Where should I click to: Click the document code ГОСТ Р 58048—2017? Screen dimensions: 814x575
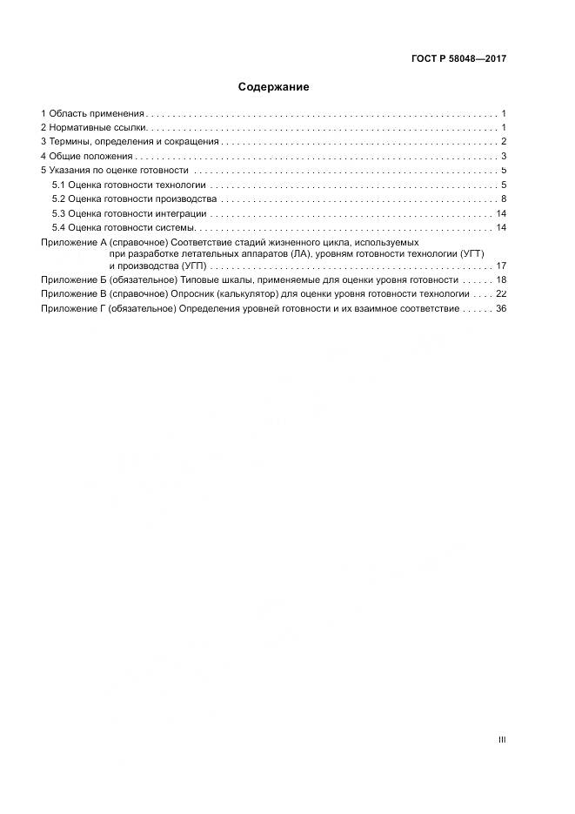click(x=458, y=59)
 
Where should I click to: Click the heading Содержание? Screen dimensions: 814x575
click(x=273, y=87)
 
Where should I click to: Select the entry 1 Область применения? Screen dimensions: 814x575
click(x=92, y=114)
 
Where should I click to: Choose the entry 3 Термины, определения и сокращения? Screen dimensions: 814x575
click(x=130, y=142)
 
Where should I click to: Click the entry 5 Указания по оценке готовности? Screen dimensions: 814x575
click(x=114, y=171)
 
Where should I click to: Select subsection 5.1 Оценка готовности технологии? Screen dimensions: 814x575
click(x=129, y=185)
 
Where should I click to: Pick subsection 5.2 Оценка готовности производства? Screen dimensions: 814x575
click(x=134, y=199)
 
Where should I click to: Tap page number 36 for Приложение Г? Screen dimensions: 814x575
click(x=501, y=309)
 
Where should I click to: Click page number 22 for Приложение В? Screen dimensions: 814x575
click(x=501, y=294)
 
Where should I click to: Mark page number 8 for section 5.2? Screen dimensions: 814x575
click(x=504, y=199)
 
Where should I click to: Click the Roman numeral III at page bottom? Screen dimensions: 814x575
click(x=502, y=740)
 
